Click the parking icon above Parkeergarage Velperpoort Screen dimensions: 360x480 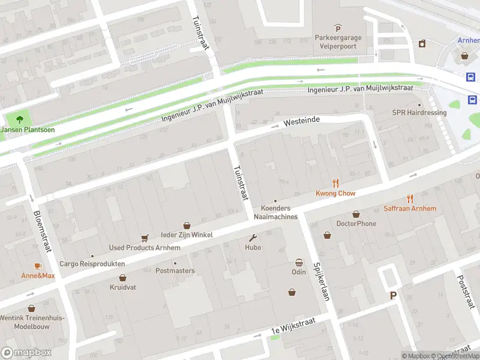[x=338, y=28]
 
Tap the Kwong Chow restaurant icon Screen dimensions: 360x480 [x=336, y=184]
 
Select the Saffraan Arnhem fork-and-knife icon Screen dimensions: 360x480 [x=410, y=199]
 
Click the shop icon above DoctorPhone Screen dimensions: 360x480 [x=356, y=214]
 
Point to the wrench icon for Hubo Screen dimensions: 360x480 [x=253, y=238]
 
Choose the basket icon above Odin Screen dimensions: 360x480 [x=299, y=262]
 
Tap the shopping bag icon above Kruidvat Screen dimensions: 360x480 [x=123, y=278]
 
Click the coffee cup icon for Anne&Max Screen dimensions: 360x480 [x=38, y=266]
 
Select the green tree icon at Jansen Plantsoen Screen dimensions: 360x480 [x=19, y=119]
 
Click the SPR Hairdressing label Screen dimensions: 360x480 [x=419, y=112]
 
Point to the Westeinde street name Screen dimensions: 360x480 [x=301, y=121]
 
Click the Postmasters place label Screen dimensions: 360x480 [x=175, y=271]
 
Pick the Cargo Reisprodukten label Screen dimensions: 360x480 [x=92, y=263]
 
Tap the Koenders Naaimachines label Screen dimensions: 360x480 [x=275, y=212]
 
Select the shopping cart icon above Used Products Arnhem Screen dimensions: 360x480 [x=145, y=238]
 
